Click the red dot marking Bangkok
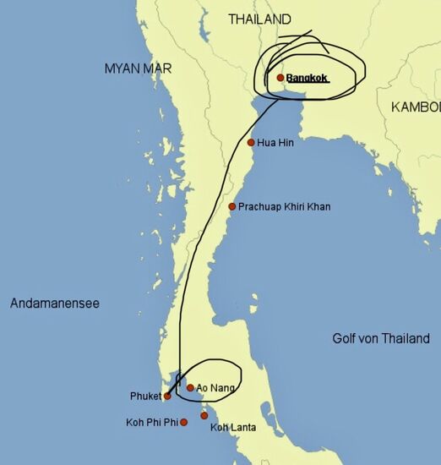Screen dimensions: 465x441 click(x=280, y=78)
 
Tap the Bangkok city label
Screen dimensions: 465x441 click(x=307, y=79)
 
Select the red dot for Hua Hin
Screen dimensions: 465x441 click(x=251, y=142)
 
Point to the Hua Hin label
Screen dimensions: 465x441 click(x=275, y=143)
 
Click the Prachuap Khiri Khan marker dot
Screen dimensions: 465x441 click(x=232, y=206)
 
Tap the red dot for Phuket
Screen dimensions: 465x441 click(x=167, y=396)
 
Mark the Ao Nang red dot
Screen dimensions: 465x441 click(x=190, y=388)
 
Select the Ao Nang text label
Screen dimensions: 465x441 click(x=216, y=388)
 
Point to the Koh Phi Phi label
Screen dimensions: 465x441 click(x=151, y=422)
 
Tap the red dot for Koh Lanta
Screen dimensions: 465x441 click(x=204, y=415)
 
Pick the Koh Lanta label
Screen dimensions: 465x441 click(x=232, y=428)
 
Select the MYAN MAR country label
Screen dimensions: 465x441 click(x=138, y=68)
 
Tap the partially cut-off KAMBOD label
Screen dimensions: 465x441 click(x=416, y=107)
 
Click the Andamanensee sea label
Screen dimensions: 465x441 click(x=54, y=303)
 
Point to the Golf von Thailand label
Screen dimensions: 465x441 click(x=380, y=339)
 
